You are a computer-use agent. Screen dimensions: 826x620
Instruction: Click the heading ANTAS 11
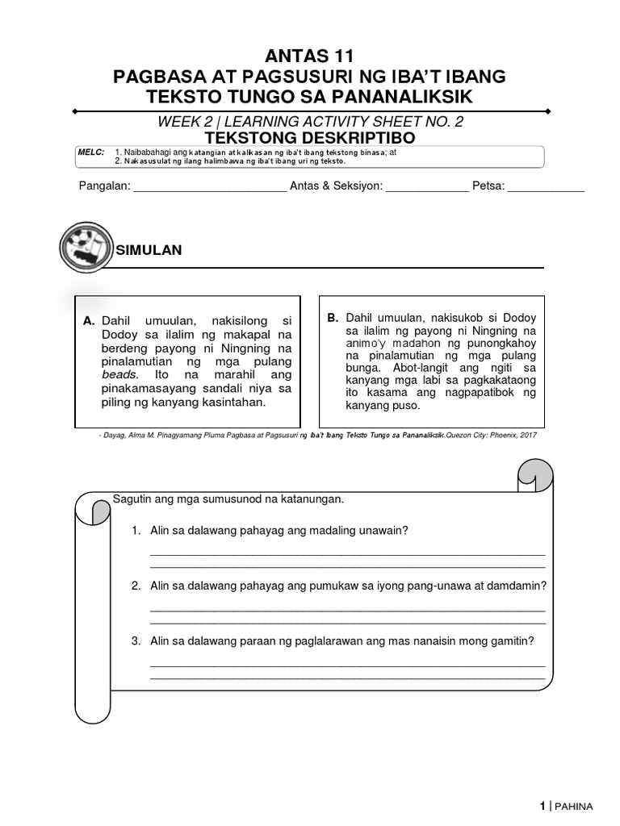click(310, 56)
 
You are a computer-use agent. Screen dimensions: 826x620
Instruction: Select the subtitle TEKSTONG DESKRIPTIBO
click(310, 138)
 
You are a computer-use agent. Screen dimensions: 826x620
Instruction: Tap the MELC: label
click(90, 152)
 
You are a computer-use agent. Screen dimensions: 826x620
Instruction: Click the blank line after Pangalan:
click(209, 188)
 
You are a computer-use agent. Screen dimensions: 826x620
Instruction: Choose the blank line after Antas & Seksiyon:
click(427, 188)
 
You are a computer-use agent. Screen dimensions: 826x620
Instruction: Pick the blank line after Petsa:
click(546, 188)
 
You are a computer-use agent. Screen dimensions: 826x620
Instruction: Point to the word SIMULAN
click(150, 251)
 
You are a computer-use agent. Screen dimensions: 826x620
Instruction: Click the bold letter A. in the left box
click(90, 321)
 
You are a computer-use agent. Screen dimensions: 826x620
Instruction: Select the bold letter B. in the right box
click(333, 318)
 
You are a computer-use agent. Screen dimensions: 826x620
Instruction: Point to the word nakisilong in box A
click(223, 321)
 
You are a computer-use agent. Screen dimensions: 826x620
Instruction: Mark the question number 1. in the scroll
click(136, 530)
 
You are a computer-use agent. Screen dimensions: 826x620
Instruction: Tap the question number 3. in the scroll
click(136, 641)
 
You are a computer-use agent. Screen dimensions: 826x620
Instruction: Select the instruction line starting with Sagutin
click(228, 499)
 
